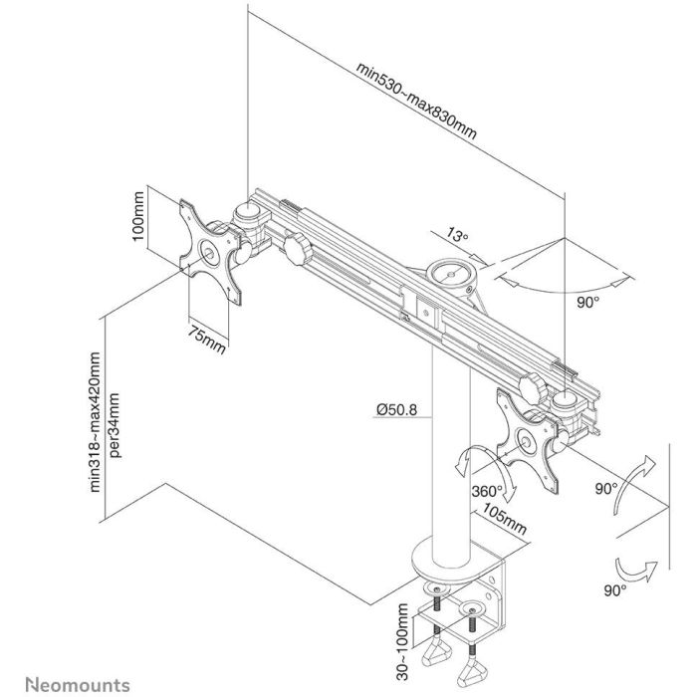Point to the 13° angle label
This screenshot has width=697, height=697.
pyautogui.click(x=457, y=236)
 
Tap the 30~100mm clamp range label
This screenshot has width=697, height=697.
pyautogui.click(x=401, y=637)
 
